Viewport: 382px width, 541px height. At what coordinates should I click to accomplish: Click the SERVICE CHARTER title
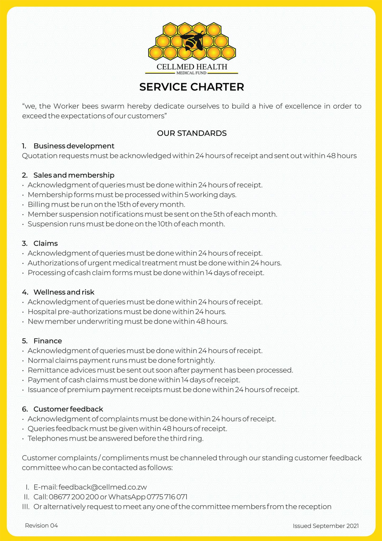[192, 87]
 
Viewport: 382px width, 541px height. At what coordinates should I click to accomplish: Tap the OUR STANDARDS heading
[192, 133]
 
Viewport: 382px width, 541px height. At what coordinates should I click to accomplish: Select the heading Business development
[74, 146]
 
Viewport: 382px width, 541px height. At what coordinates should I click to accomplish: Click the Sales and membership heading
[74, 175]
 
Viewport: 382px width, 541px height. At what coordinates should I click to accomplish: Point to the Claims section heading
[45, 243]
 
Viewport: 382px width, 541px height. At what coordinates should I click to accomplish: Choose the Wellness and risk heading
[64, 292]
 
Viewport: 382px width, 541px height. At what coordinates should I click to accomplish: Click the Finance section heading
[47, 341]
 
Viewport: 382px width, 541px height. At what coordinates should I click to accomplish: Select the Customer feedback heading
[68, 409]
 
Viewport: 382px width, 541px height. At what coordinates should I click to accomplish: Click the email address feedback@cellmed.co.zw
[103, 487]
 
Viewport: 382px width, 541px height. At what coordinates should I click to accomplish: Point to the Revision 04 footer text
[41, 525]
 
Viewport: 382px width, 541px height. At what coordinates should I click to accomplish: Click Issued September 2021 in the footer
[326, 526]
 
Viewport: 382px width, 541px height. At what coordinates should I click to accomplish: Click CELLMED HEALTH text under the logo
[192, 67]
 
